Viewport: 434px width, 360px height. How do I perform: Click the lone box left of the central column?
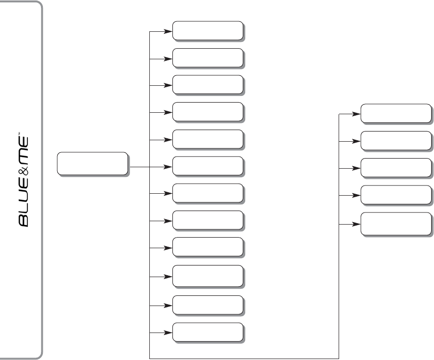click(x=92, y=163)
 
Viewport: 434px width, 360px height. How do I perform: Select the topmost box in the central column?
click(x=207, y=30)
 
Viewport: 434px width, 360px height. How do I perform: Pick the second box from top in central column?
click(x=207, y=57)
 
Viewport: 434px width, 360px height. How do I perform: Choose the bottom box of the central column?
click(x=207, y=332)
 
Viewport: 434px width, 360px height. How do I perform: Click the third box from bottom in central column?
click(x=207, y=276)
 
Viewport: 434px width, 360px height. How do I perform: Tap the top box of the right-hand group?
click(x=395, y=113)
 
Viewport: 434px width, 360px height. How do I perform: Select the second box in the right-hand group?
click(x=395, y=140)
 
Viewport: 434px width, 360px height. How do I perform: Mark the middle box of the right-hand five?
click(x=395, y=167)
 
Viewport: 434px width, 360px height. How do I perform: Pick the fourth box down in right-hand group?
click(x=395, y=194)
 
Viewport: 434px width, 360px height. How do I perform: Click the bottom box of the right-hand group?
click(x=395, y=223)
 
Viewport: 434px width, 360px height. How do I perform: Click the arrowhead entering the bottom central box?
click(x=168, y=333)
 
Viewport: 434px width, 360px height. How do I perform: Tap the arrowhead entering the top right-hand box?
click(x=357, y=114)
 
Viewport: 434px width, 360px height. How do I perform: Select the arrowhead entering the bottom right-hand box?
click(x=357, y=224)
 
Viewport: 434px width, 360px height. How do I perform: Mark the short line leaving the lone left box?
click(x=140, y=167)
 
